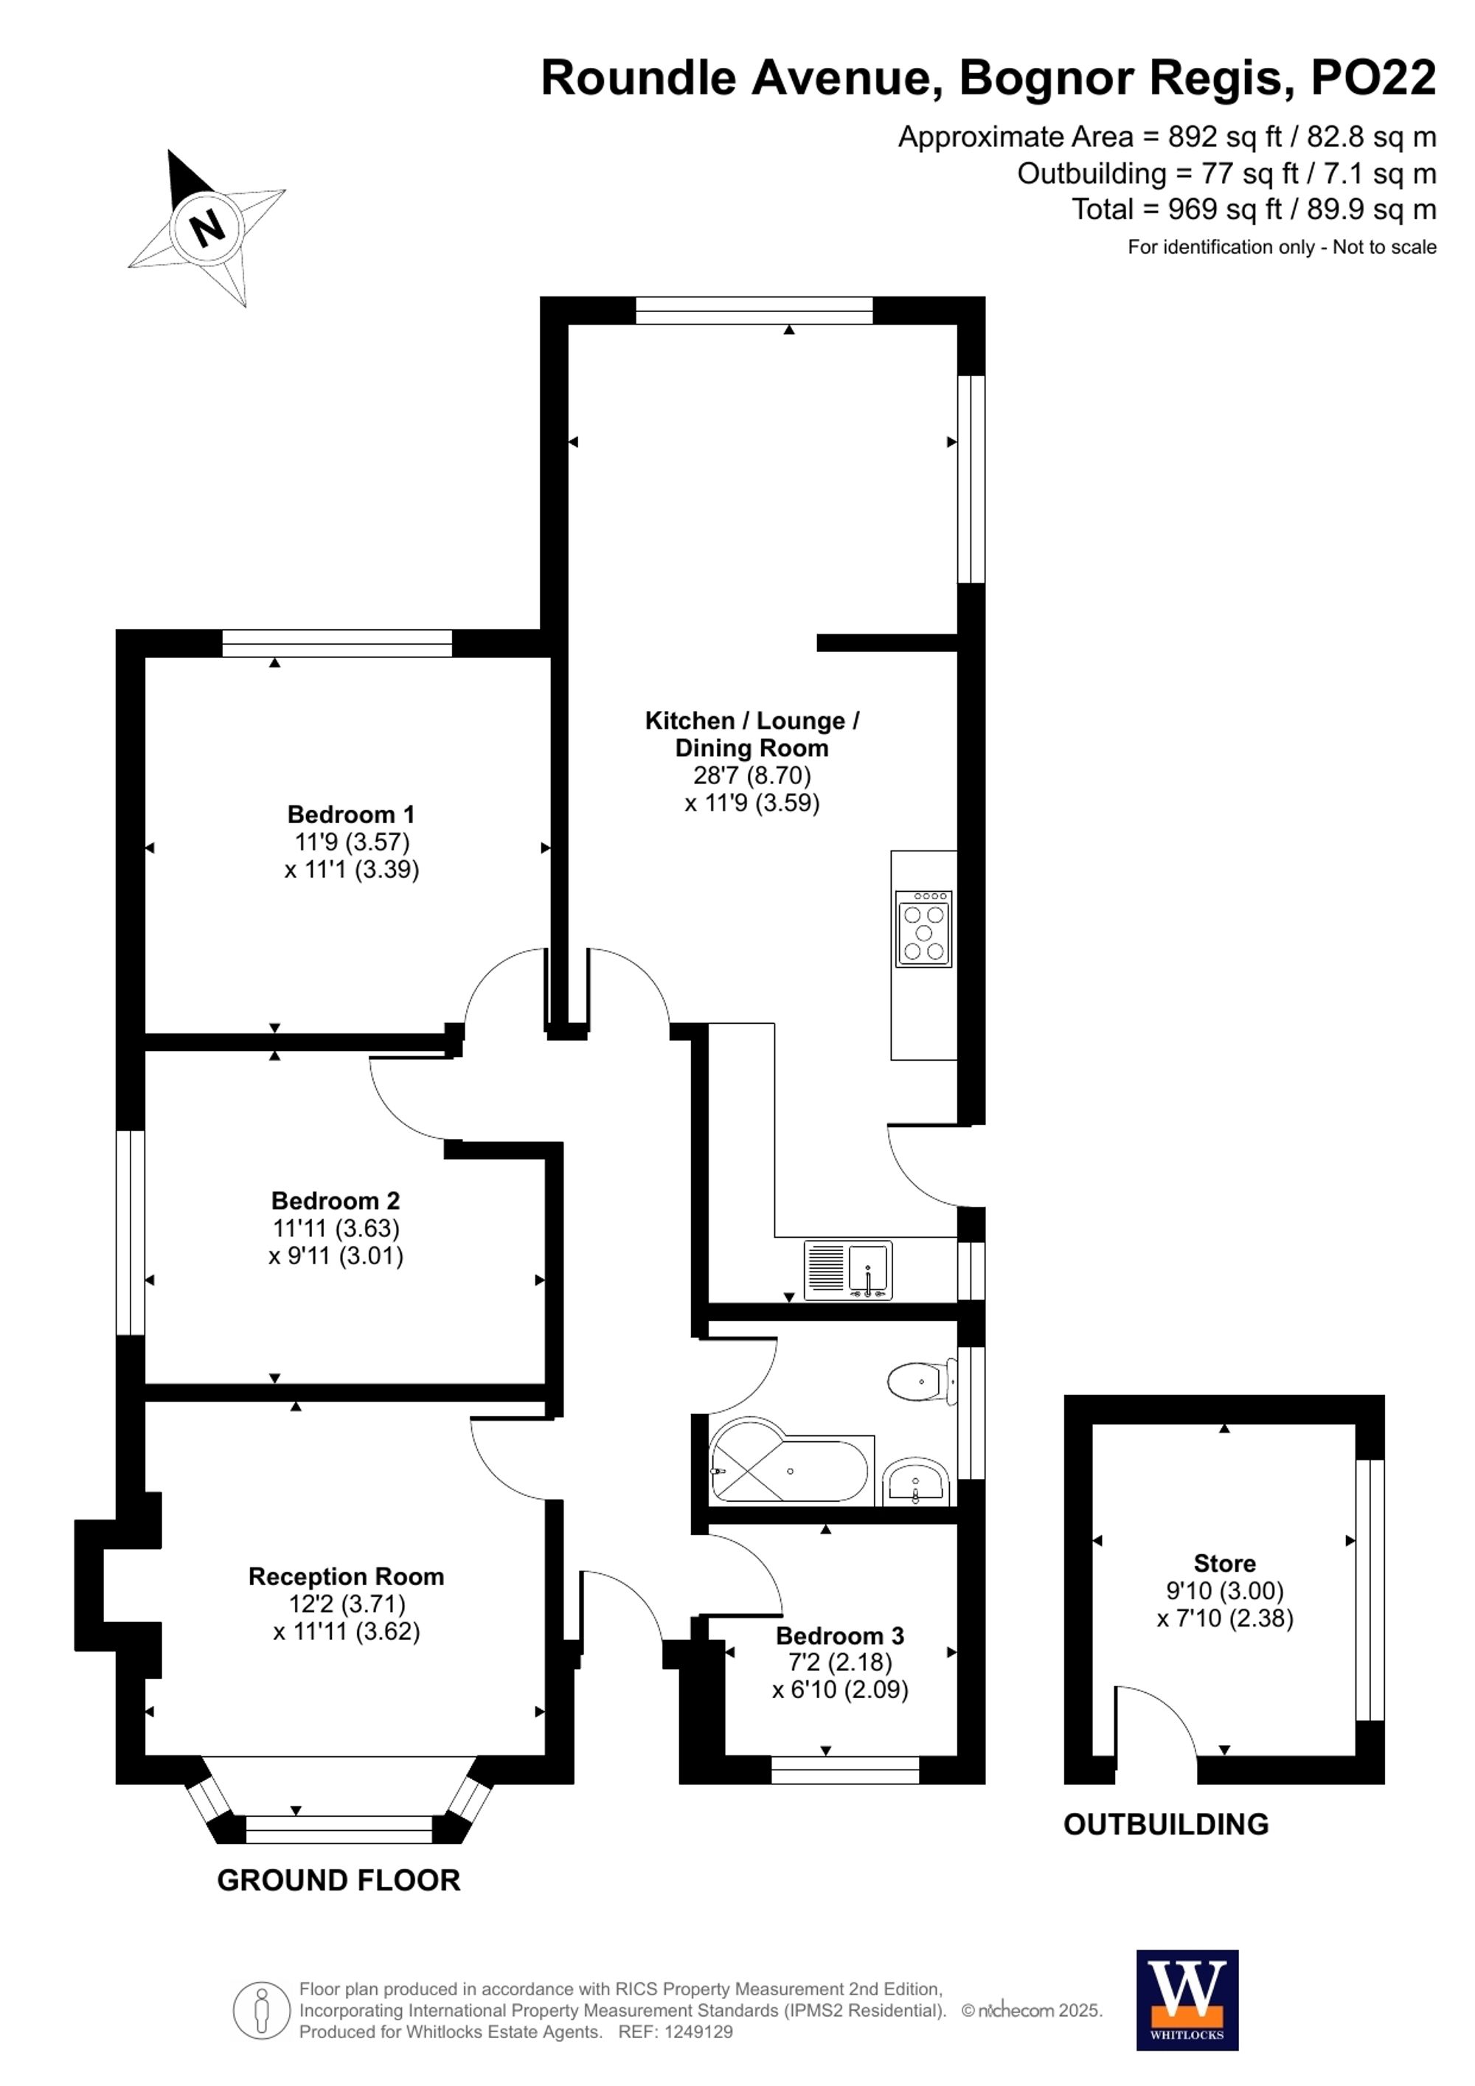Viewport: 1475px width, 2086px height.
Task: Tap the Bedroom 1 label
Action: coord(350,814)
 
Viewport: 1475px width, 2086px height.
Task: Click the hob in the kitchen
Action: coord(923,929)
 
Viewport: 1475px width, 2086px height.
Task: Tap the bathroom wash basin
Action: coord(915,1483)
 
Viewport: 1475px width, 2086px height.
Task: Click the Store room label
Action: coord(1224,1564)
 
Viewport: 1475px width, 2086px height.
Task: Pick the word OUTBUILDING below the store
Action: coord(1165,1824)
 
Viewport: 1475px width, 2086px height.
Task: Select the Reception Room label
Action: coord(346,1576)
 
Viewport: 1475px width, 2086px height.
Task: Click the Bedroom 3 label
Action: coord(839,1636)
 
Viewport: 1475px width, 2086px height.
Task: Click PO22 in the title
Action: coord(1372,78)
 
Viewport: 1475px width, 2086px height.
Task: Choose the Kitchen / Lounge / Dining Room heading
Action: coord(752,734)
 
